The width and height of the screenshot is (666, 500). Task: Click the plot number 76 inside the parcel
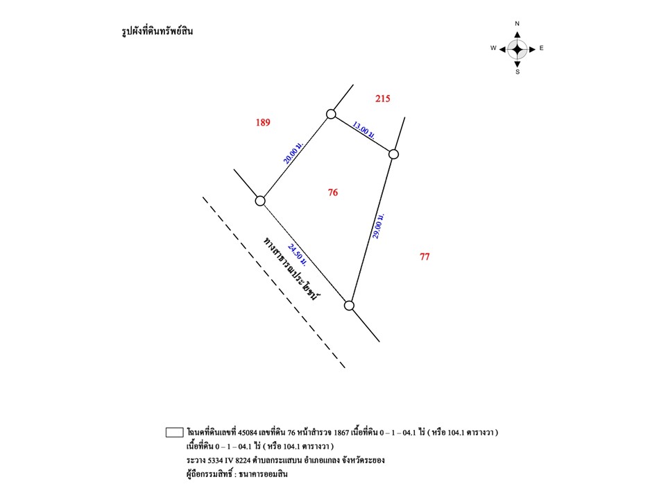point(332,192)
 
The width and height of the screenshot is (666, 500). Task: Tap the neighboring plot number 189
point(263,122)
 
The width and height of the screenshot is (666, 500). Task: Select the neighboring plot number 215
point(383,99)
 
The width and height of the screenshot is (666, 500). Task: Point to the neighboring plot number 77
point(425,257)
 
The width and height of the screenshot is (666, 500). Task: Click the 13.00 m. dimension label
point(364,130)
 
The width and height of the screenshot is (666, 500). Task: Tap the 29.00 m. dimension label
point(378,226)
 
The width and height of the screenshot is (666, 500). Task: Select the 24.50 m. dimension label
point(297,255)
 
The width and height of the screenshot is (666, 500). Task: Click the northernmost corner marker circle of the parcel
point(332,114)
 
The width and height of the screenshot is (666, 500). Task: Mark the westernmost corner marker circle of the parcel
point(260,201)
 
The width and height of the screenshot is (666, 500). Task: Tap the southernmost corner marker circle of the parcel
point(349,306)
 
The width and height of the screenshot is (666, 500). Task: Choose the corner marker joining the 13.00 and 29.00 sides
point(394,154)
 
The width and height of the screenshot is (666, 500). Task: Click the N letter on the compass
point(517,24)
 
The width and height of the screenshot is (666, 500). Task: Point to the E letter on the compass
point(542,48)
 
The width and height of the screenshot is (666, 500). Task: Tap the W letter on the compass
point(493,48)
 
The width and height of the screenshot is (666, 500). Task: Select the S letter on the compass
point(518,72)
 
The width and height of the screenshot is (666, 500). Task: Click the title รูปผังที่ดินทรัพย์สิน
point(157,31)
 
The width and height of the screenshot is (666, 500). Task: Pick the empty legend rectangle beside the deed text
point(175,432)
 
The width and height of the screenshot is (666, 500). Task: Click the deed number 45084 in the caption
point(248,433)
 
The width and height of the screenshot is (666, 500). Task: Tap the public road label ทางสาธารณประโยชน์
point(291,268)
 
